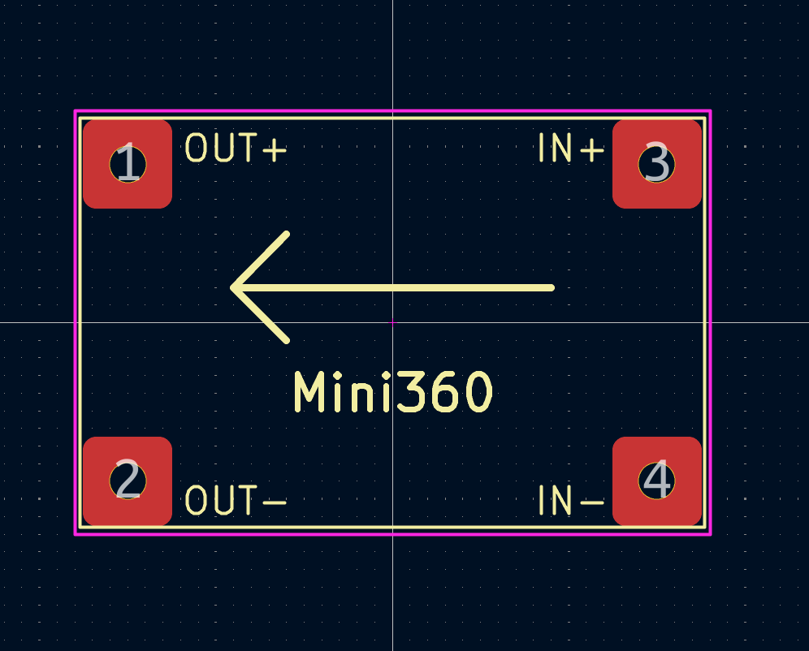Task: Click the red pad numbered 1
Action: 128,164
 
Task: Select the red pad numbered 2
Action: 128,481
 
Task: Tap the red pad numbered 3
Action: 657,164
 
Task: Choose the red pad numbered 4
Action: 657,481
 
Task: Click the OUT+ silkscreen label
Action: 236,148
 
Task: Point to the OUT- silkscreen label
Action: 236,500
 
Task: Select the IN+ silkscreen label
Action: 571,148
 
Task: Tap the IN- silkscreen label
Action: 571,500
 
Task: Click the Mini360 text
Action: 393,392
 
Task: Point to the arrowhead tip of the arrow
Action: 232,287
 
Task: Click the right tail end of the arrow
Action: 552,287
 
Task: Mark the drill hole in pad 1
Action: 128,164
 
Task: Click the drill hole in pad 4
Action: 657,481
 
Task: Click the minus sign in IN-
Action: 592,502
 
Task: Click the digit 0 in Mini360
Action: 478,392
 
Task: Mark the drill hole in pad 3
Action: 657,164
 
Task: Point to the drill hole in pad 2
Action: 128,481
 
